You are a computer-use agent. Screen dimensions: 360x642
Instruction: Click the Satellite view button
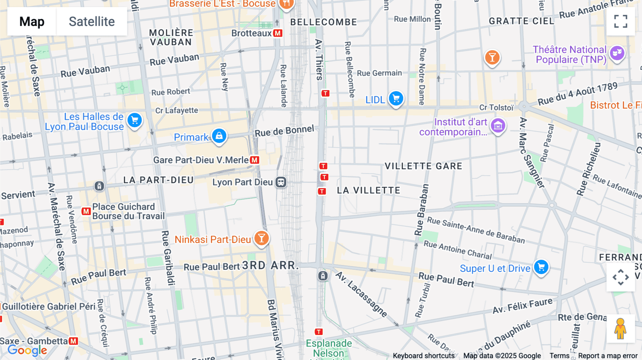[92, 22]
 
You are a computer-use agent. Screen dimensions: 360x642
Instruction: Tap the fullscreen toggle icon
[621, 21]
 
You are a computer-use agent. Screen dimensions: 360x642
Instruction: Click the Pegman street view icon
[620, 329]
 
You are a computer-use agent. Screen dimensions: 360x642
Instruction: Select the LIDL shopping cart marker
[396, 98]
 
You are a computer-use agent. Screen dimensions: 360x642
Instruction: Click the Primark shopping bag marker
[219, 136]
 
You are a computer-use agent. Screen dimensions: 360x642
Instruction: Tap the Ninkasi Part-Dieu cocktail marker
[261, 238]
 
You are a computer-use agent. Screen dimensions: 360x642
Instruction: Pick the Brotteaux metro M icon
[277, 33]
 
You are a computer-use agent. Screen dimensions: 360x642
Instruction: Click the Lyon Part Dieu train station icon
[281, 182]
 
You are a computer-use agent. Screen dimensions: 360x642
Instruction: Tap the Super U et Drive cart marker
[541, 267]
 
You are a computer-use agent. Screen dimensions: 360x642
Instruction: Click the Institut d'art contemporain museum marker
[498, 125]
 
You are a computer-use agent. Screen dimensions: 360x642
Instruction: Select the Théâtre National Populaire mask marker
[617, 53]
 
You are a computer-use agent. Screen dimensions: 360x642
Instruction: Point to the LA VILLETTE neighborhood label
[368, 190]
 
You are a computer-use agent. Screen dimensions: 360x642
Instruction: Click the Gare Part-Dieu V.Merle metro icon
[255, 160]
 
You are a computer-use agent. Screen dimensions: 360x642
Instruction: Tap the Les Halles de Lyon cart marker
[134, 120]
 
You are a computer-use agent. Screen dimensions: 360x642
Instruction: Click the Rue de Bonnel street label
[284, 131]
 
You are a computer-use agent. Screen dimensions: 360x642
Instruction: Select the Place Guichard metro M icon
[86, 211]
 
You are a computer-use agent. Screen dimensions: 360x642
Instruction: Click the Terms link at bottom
[559, 356]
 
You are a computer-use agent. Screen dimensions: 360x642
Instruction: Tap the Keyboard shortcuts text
[423, 356]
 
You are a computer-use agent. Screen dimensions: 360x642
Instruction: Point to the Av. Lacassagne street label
[361, 294]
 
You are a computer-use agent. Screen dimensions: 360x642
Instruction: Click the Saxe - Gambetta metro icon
[73, 341]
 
